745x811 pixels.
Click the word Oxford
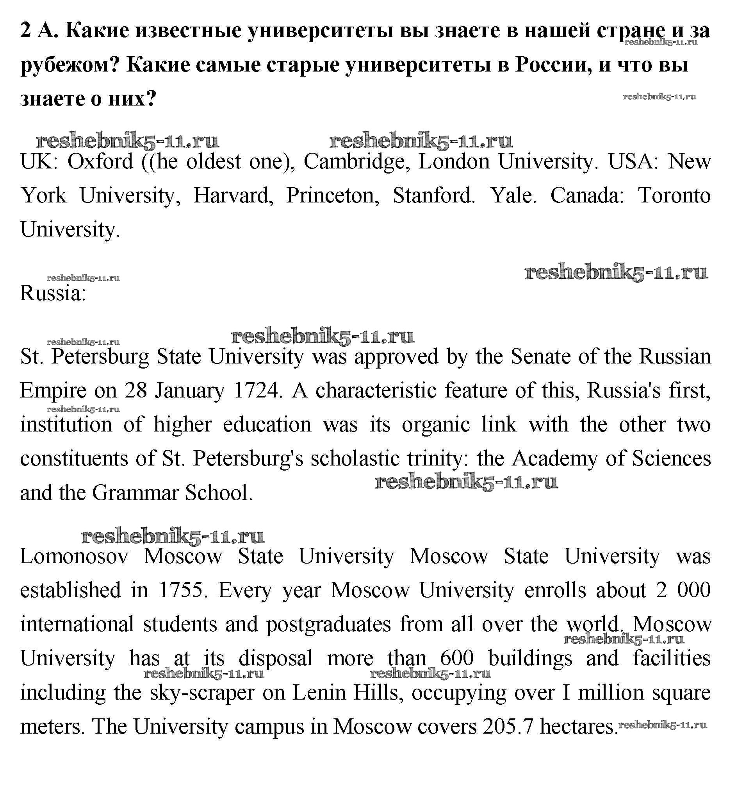[x=100, y=162]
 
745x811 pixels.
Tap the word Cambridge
[x=357, y=162]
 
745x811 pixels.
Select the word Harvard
[x=233, y=196]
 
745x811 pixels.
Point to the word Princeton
[x=333, y=196]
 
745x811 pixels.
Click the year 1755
[x=181, y=590]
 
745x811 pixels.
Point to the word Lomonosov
[x=75, y=557]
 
